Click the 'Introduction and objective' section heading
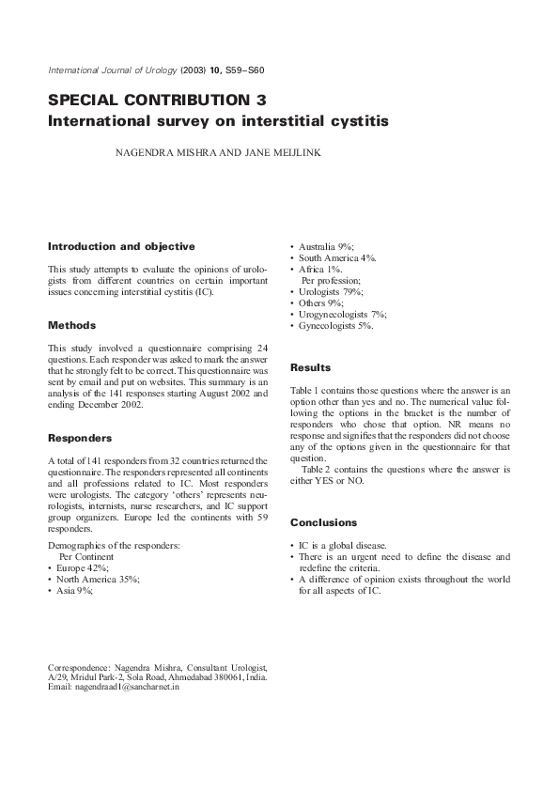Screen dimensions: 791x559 click(x=121, y=247)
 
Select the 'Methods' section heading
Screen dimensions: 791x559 click(x=71, y=325)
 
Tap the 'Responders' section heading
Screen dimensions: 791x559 click(x=80, y=438)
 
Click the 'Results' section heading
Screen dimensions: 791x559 click(x=310, y=367)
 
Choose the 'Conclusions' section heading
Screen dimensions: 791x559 click(x=323, y=522)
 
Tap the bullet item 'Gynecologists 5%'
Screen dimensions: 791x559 click(x=335, y=326)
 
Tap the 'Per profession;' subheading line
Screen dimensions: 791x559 click(x=331, y=281)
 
